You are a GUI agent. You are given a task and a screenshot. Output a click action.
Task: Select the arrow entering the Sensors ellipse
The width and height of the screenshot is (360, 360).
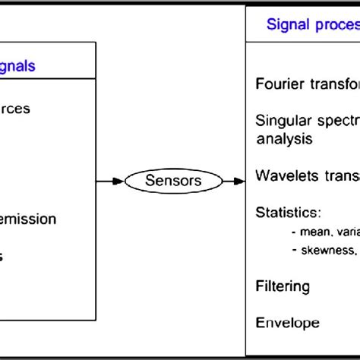click(112, 181)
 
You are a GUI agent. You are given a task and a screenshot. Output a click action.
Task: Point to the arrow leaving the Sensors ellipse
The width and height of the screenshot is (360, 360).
click(235, 181)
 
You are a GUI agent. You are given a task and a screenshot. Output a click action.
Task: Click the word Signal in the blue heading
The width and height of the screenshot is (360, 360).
click(286, 24)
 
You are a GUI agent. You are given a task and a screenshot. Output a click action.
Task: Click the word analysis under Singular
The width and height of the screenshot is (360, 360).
click(283, 139)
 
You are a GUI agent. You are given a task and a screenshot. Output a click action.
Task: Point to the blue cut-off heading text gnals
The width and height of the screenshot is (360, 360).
click(17, 66)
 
